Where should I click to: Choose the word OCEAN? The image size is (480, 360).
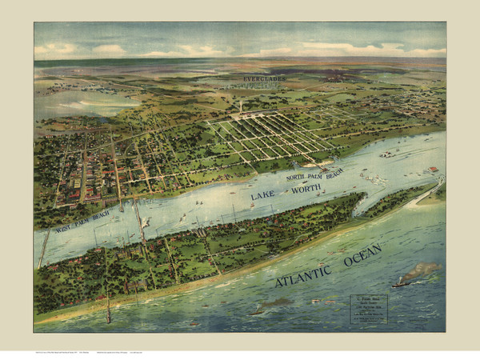click(x=362, y=255)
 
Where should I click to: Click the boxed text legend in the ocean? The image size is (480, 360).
click(x=368, y=309)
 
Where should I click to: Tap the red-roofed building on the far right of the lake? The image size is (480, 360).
click(x=433, y=170)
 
